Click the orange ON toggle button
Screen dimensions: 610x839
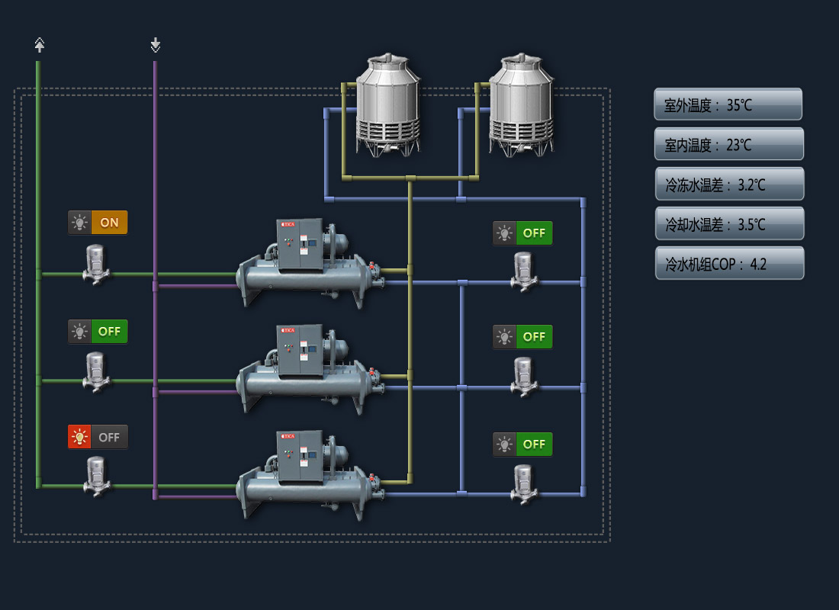click(109, 223)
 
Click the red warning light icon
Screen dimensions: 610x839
click(79, 438)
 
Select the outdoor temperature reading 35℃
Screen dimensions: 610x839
click(728, 104)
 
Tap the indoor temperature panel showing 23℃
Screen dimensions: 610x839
click(728, 144)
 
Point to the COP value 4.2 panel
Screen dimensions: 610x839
click(729, 263)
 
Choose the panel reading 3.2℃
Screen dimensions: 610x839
click(729, 184)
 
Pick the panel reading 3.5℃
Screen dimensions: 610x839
click(729, 223)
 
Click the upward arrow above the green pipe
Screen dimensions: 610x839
click(40, 45)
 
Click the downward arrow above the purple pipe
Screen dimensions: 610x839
click(156, 45)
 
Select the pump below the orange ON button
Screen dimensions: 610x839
click(95, 264)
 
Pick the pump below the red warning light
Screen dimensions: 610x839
click(95, 476)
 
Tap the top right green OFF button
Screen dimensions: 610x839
click(534, 233)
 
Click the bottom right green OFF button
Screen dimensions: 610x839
click(534, 444)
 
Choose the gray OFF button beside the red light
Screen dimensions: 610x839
click(109, 438)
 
